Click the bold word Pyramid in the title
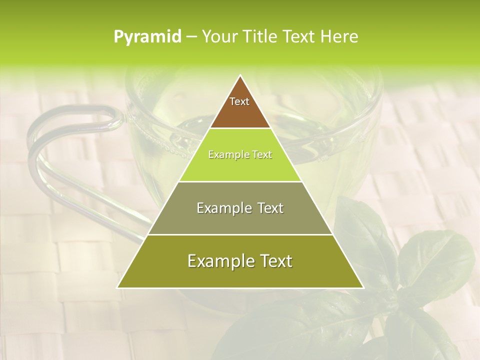click(x=147, y=37)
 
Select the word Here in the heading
click(x=340, y=37)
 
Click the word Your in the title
click(x=219, y=37)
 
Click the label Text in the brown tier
click(x=239, y=101)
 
